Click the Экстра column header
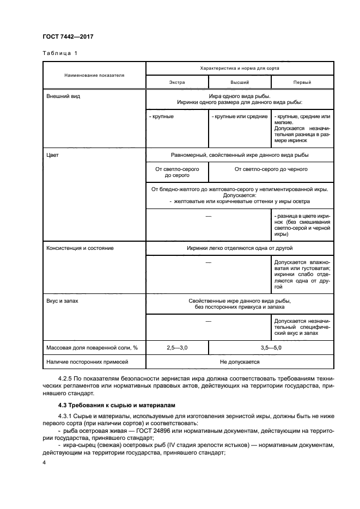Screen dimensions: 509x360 (x=176, y=82)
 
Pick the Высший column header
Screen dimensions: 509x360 (x=239, y=82)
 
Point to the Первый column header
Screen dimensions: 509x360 (x=302, y=82)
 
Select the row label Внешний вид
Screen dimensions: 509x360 (x=60, y=96)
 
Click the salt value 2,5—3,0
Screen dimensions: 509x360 (x=176, y=347)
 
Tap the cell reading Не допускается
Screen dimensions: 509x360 (x=239, y=361)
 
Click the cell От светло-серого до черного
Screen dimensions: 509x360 (x=271, y=169)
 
